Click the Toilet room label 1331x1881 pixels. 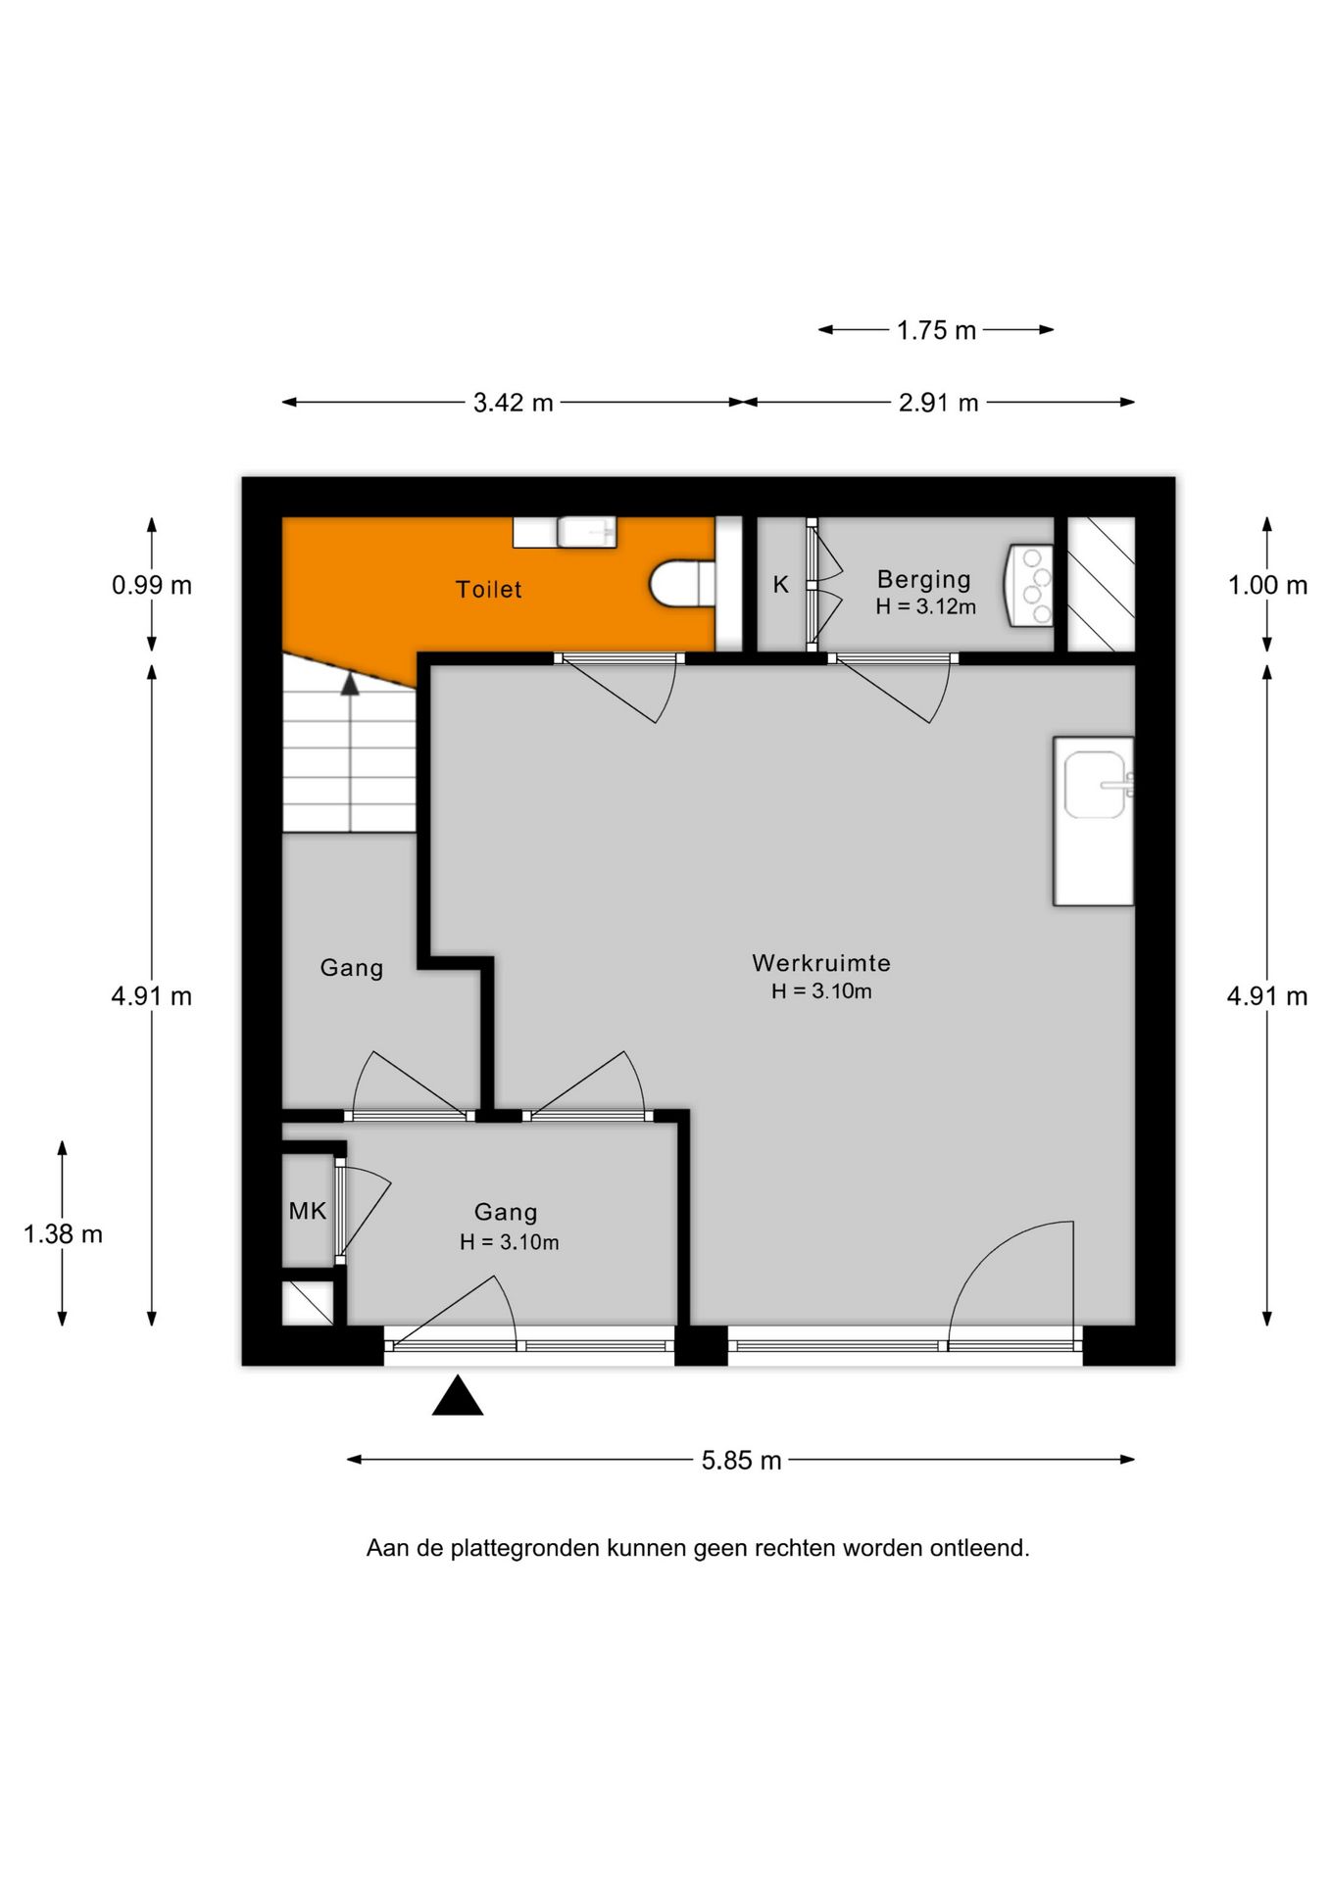488,590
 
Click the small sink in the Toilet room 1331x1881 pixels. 586,532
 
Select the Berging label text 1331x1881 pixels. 923,579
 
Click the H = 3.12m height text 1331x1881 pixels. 925,607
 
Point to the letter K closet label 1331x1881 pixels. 780,585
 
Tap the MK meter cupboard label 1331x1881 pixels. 307,1211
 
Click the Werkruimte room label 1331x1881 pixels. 820,963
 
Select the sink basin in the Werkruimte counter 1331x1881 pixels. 1096,784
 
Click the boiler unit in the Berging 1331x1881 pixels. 1030,586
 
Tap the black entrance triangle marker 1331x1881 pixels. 458,1398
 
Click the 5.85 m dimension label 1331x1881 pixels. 741,1461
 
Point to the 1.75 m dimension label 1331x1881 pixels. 936,331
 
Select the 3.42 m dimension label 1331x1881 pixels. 513,403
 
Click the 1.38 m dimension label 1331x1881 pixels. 63,1234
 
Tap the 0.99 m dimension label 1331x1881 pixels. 152,586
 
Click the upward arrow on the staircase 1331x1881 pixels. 350,685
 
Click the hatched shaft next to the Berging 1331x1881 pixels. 1100,584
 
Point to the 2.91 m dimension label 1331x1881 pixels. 938,403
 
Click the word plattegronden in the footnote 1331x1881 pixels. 525,1549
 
